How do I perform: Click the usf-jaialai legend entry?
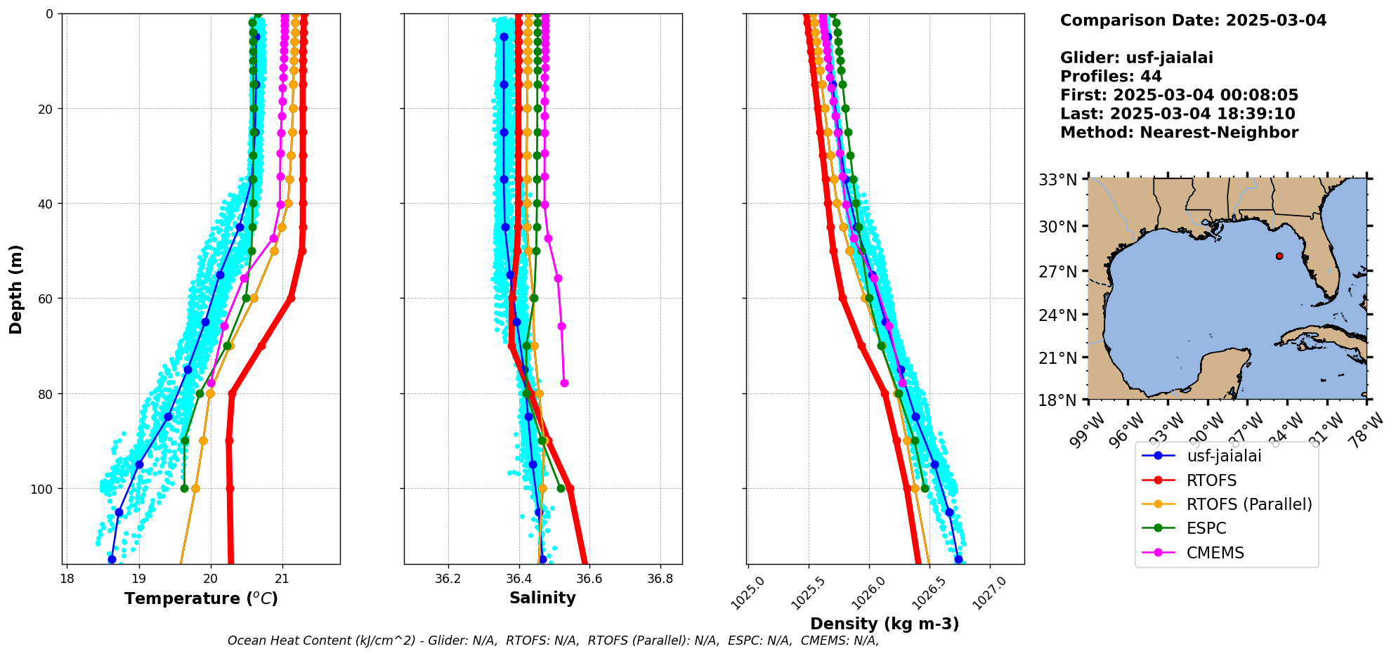(1224, 456)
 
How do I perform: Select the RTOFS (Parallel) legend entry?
(1248, 504)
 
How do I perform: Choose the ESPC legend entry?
(1206, 529)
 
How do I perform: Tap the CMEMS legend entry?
(1215, 553)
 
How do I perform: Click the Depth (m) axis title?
(16, 289)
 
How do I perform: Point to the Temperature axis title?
(201, 598)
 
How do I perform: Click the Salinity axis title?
(542, 598)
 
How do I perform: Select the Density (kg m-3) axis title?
(885, 624)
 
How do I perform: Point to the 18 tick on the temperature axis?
(67, 579)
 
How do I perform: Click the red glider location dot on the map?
(1279, 256)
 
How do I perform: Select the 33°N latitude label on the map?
(1058, 181)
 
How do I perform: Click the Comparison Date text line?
(1193, 20)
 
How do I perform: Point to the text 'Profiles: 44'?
(1111, 77)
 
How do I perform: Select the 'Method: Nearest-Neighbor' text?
(1179, 133)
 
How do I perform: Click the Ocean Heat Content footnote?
(553, 641)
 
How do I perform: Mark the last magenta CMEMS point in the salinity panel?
(564, 383)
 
